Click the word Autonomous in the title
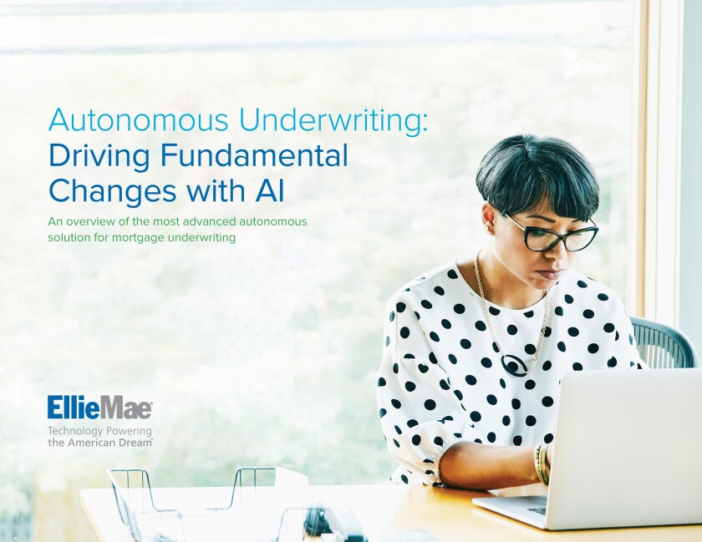(140, 120)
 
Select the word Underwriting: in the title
(331, 121)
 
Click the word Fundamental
(254, 156)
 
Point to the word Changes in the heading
(112, 191)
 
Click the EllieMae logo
(99, 408)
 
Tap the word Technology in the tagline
(74, 432)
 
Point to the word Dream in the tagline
(135, 443)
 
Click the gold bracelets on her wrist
(542, 464)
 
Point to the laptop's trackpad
(537, 509)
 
